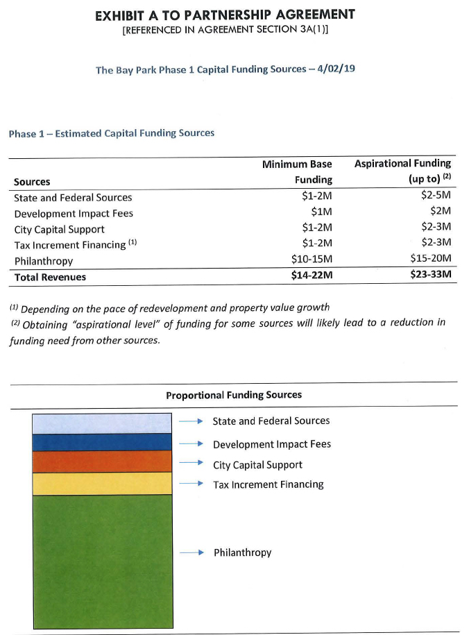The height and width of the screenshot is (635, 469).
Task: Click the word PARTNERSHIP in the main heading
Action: (x=216, y=15)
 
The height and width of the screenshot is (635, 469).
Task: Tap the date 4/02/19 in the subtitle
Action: (x=336, y=69)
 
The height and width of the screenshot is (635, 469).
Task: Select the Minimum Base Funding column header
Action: (x=297, y=171)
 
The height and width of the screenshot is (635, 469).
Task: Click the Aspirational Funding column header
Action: (x=402, y=171)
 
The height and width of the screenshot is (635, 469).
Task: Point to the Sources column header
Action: (x=32, y=182)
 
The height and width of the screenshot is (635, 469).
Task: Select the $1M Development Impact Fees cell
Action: (x=320, y=212)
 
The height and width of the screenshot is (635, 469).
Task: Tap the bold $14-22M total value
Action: (x=312, y=276)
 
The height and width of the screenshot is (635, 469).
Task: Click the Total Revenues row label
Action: (x=50, y=277)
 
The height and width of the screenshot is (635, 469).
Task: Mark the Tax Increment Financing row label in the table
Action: (x=69, y=245)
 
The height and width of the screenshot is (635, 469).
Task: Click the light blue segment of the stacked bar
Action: (x=102, y=423)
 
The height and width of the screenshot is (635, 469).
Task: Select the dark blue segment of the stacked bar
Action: (x=102, y=442)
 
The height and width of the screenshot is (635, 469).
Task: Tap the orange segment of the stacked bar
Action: (x=102, y=462)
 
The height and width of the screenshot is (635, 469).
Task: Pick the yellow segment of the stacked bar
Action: (x=102, y=483)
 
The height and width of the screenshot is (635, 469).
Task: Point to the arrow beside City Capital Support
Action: (x=190, y=464)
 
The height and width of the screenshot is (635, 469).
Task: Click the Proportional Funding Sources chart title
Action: (x=234, y=395)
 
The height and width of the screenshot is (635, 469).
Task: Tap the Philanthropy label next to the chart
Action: (x=242, y=552)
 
